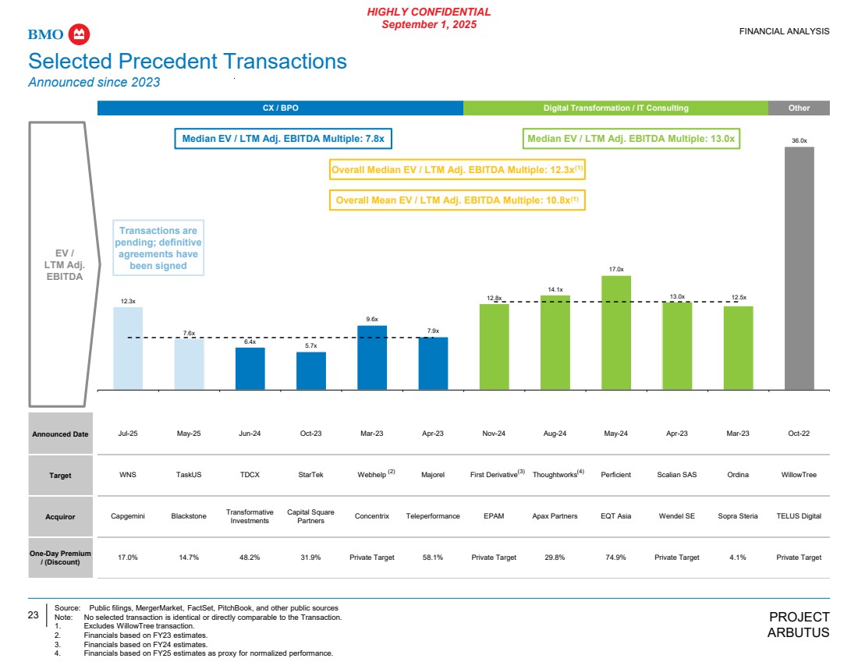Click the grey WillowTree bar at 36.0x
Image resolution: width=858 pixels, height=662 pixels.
click(799, 267)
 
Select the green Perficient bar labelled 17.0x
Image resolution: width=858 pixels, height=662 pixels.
click(615, 331)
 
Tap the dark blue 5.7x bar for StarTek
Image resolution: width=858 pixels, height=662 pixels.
click(311, 370)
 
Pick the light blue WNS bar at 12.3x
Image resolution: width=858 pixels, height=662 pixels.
click(128, 347)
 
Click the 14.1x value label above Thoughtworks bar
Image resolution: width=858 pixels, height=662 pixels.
click(555, 289)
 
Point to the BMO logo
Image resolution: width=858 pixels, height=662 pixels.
click(59, 34)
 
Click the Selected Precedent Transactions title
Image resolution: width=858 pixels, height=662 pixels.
click(187, 62)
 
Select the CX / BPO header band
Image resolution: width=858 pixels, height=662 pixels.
click(280, 108)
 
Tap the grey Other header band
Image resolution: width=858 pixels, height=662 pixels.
click(799, 108)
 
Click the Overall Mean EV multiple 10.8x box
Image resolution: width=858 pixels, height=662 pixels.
click(457, 200)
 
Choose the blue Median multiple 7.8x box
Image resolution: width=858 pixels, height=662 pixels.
click(283, 139)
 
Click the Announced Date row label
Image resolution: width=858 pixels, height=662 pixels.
click(60, 434)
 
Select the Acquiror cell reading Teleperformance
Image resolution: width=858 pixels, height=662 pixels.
click(433, 516)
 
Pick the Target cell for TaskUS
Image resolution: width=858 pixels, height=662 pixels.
click(189, 475)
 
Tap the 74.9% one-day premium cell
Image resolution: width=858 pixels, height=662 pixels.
click(615, 558)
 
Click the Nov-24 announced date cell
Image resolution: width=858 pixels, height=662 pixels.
click(494, 434)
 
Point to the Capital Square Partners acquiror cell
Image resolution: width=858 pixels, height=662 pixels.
click(310, 516)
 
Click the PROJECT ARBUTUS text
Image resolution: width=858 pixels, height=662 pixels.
click(799, 625)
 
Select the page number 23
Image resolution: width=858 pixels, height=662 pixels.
click(34, 615)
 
